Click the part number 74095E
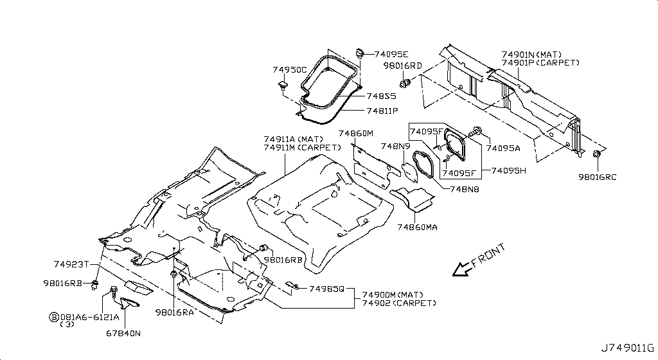(391, 54)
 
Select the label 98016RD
(402, 66)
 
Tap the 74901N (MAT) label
(531, 55)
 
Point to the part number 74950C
(290, 69)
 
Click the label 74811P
(382, 111)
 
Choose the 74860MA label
(417, 227)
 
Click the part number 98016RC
(598, 177)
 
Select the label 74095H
(509, 171)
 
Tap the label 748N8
(465, 189)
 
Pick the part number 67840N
(123, 334)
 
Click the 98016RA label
(174, 312)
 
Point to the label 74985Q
(326, 289)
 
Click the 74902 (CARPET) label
(399, 303)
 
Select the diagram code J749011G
(628, 348)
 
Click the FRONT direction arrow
(462, 269)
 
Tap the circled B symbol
(54, 317)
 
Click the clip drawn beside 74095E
(359, 53)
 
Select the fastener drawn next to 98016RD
(405, 83)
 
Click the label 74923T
(71, 264)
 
